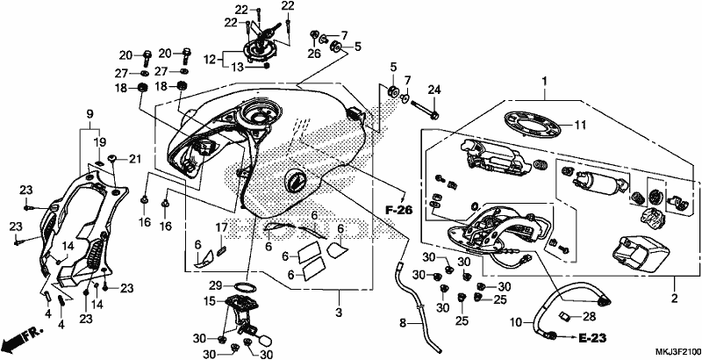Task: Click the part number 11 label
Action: (x=580, y=126)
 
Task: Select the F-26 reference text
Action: (x=399, y=209)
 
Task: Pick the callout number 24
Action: (x=433, y=90)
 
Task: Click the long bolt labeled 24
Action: (x=424, y=110)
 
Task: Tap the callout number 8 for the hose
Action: (x=403, y=322)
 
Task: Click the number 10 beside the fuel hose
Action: (x=516, y=321)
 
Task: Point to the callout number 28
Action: (x=589, y=317)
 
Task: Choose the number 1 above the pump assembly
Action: (x=544, y=82)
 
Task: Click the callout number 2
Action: (x=674, y=299)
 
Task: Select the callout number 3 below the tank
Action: (x=339, y=311)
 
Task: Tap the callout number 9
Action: (x=90, y=114)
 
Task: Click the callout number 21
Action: (x=135, y=159)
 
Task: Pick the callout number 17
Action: (x=222, y=228)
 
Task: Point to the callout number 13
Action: (x=237, y=67)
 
